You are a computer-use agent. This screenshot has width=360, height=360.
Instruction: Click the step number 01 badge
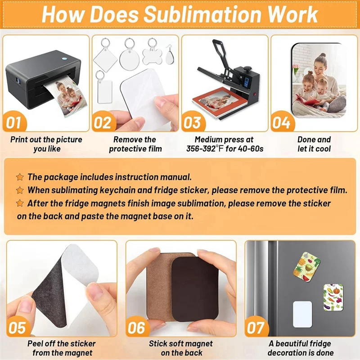click(15, 122)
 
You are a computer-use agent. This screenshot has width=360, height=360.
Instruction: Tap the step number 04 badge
click(281, 122)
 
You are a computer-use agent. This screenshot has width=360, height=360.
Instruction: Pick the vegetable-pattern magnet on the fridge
click(333, 297)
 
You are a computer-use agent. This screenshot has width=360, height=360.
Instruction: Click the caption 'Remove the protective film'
click(135, 144)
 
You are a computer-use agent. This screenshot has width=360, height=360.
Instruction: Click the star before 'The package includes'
click(20, 177)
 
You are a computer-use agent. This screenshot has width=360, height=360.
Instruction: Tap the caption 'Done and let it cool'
click(314, 144)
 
